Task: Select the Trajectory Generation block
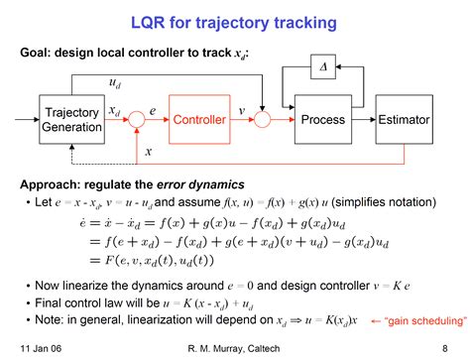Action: [x=71, y=120]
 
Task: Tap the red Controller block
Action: [x=199, y=120]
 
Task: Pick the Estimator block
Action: [x=404, y=119]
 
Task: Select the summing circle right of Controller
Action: [x=262, y=120]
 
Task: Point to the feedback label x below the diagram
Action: [x=149, y=151]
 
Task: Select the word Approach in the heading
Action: [x=52, y=182]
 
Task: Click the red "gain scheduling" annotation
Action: [x=426, y=321]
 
